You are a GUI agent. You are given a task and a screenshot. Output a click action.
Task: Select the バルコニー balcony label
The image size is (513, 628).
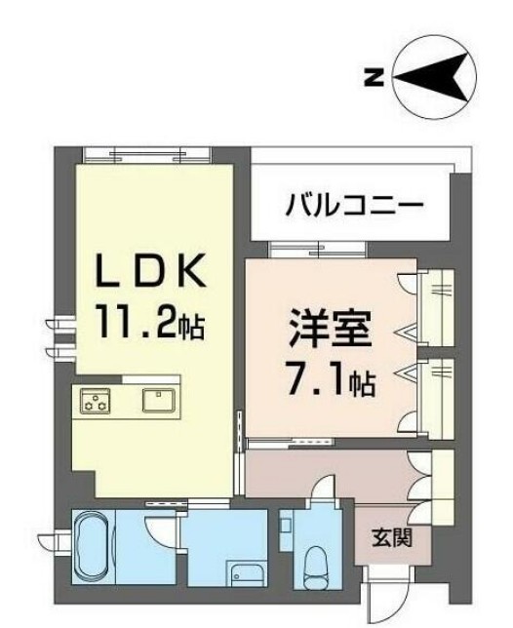click(x=353, y=206)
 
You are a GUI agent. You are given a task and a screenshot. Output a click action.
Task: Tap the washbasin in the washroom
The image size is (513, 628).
click(x=240, y=571)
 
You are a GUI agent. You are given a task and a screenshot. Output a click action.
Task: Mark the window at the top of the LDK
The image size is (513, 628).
click(x=146, y=153)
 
